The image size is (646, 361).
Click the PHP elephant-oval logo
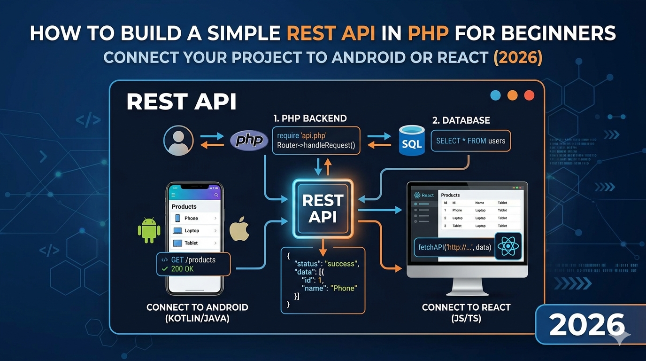pyautogui.click(x=249, y=140)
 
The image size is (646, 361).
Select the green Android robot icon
pyautogui.click(x=149, y=230)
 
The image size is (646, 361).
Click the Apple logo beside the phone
pyautogui.click(x=239, y=230)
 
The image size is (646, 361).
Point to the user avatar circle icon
pyautogui.click(x=178, y=140)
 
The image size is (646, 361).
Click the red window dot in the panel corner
pyautogui.click(x=529, y=95)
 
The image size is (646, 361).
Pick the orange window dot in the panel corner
pyautogui.click(x=512, y=95)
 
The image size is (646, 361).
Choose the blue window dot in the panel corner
pyautogui.click(x=495, y=95)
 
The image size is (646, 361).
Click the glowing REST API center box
pyautogui.click(x=323, y=208)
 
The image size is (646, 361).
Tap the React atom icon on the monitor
pyautogui.click(x=508, y=246)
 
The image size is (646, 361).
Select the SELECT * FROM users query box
pyautogui.click(x=470, y=141)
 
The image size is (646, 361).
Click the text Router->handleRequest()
pyautogui.click(x=316, y=145)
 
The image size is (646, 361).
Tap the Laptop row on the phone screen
pyautogui.click(x=194, y=231)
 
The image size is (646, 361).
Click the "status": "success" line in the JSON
pyautogui.click(x=326, y=264)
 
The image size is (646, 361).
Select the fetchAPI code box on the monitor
pyautogui.click(x=454, y=247)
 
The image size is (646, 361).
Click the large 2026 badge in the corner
pyautogui.click(x=587, y=325)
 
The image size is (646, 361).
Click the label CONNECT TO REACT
pyautogui.click(x=466, y=307)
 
